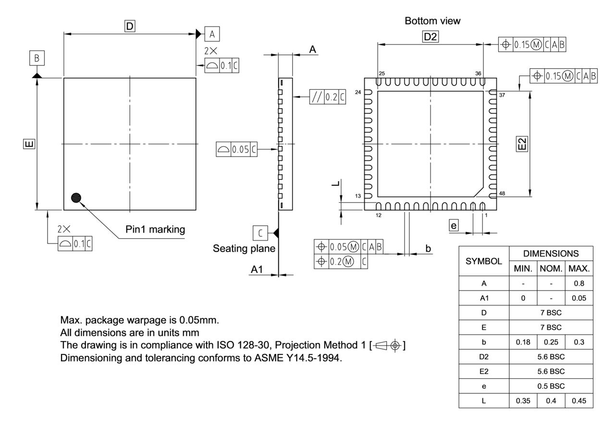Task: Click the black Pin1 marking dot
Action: [76, 197]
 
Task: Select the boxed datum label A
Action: [212, 34]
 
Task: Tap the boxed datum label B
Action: [37, 59]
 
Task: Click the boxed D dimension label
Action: [129, 27]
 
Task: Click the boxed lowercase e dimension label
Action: [454, 225]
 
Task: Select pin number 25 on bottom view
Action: [381, 73]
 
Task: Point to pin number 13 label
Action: [358, 196]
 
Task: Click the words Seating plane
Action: [244, 249]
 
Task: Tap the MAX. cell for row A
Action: [578, 283]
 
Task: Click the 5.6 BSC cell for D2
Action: [551, 357]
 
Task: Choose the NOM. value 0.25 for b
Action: [551, 342]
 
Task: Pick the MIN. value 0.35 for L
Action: [523, 401]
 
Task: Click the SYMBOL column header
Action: [484, 261]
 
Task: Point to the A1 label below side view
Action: [257, 271]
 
